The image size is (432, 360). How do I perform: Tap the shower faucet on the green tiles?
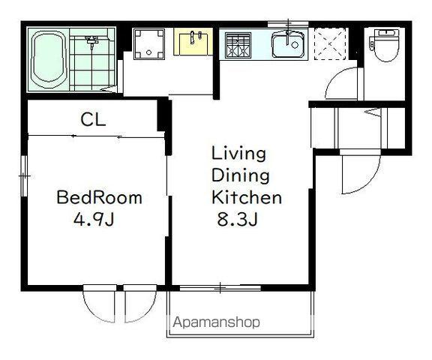point(92,42)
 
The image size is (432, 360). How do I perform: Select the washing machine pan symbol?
point(148,44)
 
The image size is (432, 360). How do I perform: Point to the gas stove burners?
point(238,46)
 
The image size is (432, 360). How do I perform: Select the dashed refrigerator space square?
point(330,44)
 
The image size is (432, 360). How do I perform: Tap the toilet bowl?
point(385,46)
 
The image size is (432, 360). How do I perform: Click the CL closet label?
point(93,120)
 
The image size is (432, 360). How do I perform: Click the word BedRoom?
point(99,197)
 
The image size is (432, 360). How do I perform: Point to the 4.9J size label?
point(94,219)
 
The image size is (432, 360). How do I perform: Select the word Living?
point(238,154)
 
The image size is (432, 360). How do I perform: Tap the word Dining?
point(241,176)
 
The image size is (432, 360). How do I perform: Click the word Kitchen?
point(247,197)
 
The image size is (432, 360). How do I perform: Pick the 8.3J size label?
point(238,219)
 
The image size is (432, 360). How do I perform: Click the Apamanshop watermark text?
point(217,322)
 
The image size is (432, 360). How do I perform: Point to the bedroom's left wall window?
point(24,176)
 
